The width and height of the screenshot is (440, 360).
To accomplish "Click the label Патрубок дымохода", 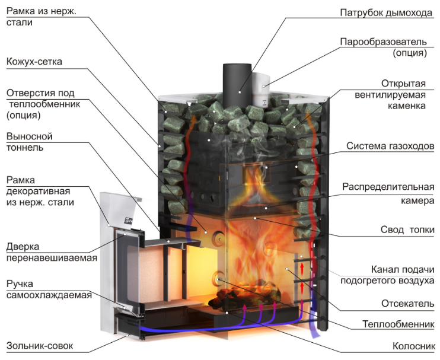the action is [x=386, y=13].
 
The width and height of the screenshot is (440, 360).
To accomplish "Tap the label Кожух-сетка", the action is [x=34, y=62].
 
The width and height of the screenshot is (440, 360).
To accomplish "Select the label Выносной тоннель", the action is [x=30, y=142].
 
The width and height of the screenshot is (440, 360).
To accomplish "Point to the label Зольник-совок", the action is [x=40, y=345].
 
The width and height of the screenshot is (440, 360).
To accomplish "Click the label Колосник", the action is [x=414, y=346].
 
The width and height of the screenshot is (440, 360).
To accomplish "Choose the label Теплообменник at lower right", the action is [x=398, y=324].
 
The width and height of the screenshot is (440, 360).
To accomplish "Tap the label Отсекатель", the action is [x=408, y=303].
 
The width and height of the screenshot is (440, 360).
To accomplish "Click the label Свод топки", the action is [x=407, y=230].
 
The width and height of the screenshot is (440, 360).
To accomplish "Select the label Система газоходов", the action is [x=390, y=146].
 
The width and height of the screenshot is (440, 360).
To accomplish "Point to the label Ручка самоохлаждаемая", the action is [x=49, y=289].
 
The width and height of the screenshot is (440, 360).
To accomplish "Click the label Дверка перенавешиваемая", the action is [x=52, y=252].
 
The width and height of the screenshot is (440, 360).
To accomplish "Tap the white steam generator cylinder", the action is [x=261, y=90].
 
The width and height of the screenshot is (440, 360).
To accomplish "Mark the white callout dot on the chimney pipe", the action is [x=240, y=92].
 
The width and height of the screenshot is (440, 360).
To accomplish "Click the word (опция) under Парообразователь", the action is [x=410, y=53].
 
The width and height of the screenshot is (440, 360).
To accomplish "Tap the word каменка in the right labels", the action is [x=407, y=106].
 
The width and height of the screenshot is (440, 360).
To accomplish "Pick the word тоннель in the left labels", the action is [x=25, y=147].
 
